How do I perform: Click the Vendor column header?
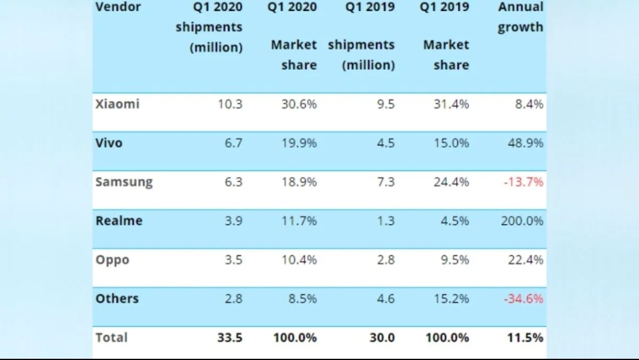(118, 7)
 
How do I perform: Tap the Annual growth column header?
(520, 17)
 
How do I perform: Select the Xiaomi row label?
(117, 104)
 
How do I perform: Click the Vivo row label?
(109, 143)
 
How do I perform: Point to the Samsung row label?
(124, 182)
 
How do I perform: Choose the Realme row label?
(119, 220)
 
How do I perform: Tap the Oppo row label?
(112, 260)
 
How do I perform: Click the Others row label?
(117, 298)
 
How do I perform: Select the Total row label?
(111, 337)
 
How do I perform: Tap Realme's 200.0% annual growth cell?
(522, 221)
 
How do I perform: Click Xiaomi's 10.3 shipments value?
(230, 104)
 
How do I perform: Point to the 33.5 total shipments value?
(229, 338)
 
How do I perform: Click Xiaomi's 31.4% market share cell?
(451, 104)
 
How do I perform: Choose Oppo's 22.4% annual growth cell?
(525, 260)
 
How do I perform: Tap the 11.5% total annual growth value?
(525, 338)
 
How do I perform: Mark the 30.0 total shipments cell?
(382, 338)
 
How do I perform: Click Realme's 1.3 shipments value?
(386, 221)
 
